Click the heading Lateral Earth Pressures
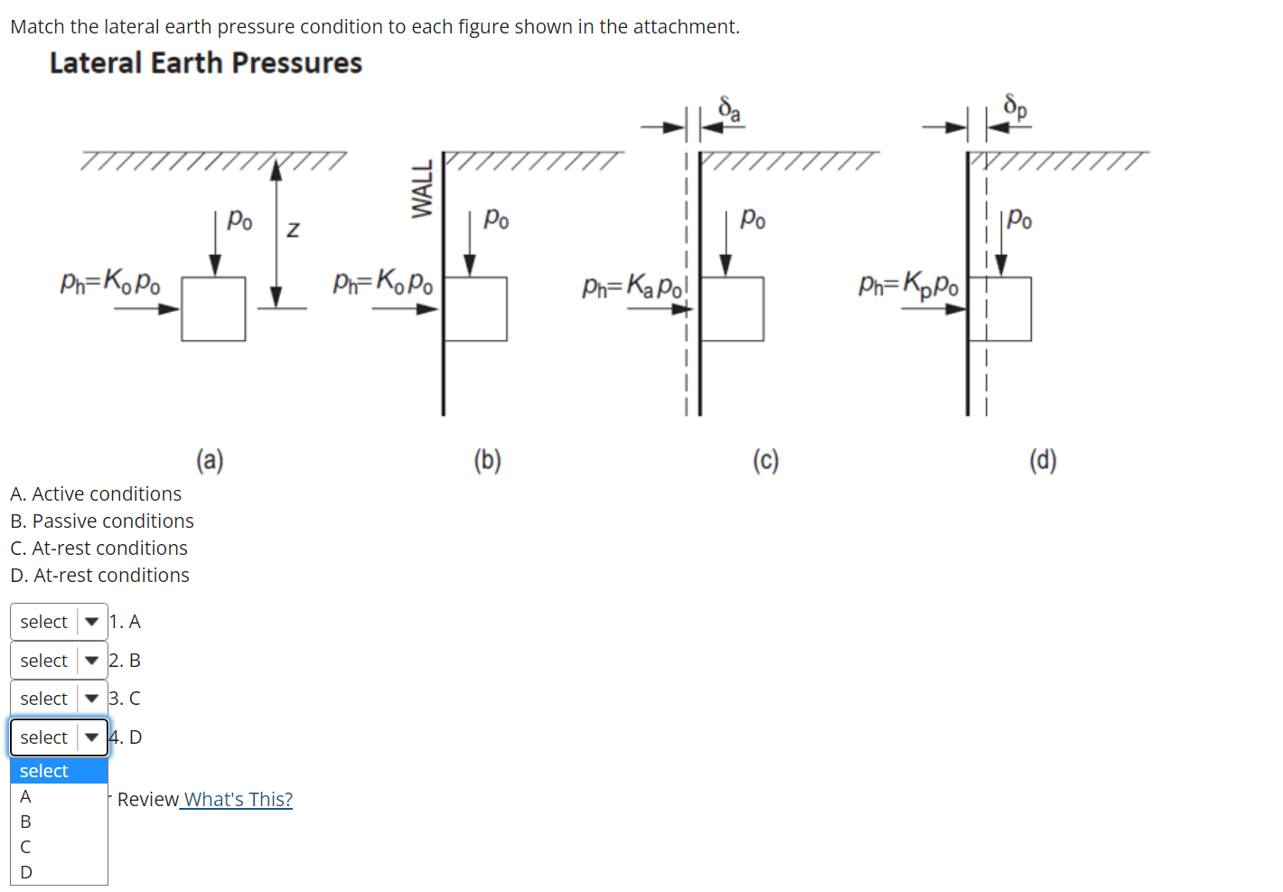click(206, 63)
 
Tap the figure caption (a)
click(210, 461)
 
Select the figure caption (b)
click(487, 461)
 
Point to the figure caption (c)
click(765, 461)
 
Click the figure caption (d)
click(1043, 461)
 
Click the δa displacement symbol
click(729, 109)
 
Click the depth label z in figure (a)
click(293, 230)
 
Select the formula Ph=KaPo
click(633, 287)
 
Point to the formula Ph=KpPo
click(909, 285)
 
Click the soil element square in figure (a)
click(213, 309)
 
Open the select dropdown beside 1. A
click(59, 622)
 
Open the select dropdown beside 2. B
click(59, 661)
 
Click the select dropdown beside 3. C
click(59, 699)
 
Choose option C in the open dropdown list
click(26, 847)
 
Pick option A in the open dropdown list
click(26, 796)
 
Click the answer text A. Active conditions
click(96, 494)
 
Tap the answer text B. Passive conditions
click(102, 521)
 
